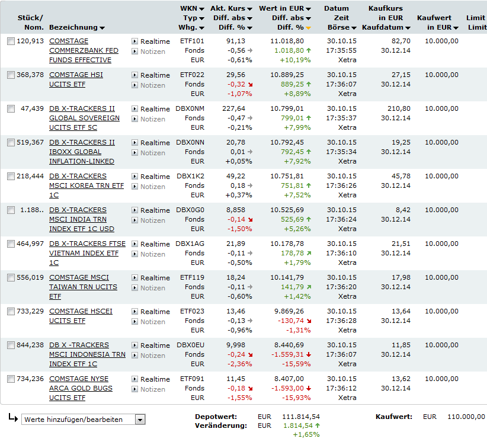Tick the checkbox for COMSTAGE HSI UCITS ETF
coord(11,75)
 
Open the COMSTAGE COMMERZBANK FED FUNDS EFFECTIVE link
coord(84,50)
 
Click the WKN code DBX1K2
coord(190,176)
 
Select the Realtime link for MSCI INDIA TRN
coord(155,210)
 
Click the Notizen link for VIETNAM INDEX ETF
coord(153,254)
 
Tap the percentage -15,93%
coord(298,398)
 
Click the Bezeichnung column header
coord(76,28)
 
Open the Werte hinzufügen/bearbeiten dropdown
coord(83,420)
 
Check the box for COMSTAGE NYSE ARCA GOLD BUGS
coord(11,379)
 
